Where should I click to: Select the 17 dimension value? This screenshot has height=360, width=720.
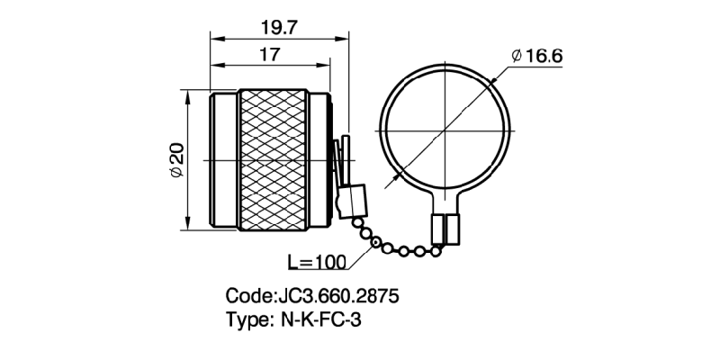pos(267,55)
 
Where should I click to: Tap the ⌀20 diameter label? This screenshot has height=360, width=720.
pos(176,160)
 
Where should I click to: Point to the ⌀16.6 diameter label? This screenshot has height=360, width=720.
pos(536,56)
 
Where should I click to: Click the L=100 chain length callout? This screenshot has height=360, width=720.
pos(317,263)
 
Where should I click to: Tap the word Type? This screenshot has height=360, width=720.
pos(247,319)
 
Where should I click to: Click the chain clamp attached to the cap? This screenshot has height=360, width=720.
pos(351,200)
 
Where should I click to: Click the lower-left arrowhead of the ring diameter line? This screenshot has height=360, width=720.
pos(388,184)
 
